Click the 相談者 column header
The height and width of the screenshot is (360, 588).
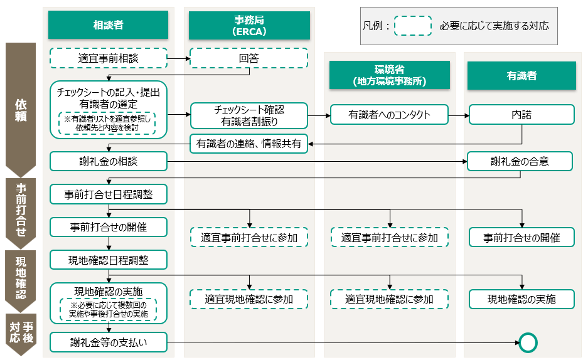(x=109, y=25)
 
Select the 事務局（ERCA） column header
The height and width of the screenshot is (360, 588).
(x=249, y=25)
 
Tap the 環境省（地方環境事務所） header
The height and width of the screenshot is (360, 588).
(x=390, y=75)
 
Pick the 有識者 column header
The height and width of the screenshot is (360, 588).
(x=521, y=75)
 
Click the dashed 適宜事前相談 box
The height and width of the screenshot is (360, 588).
(x=109, y=58)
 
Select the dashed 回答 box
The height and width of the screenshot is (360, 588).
(x=249, y=58)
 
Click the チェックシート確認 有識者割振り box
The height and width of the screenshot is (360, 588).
(x=249, y=115)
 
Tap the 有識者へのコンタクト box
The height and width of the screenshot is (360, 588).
(x=390, y=115)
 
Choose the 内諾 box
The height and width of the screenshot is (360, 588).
(x=521, y=115)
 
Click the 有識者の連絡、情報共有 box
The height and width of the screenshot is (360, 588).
(x=249, y=144)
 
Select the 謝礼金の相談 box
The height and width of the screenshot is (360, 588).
(x=109, y=161)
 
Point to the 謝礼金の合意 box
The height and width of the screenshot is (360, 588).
(x=520, y=161)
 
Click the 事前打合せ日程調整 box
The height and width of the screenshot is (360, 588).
(x=109, y=194)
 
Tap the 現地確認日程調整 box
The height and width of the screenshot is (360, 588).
(x=109, y=259)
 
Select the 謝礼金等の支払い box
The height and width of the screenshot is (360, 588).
(x=109, y=342)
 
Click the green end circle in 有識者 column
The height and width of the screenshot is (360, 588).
(x=528, y=342)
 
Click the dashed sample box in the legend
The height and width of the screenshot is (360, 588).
(x=412, y=26)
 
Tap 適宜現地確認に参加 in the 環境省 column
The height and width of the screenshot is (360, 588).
(x=390, y=299)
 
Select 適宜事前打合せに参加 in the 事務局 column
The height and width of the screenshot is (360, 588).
(x=249, y=238)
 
